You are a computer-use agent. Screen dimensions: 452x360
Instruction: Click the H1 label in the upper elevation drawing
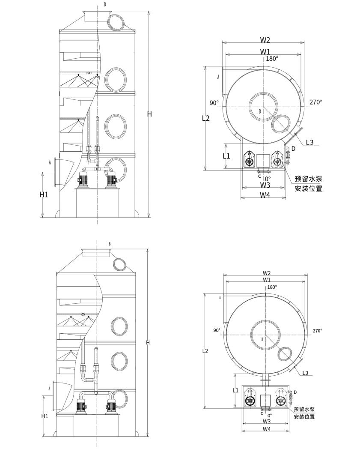click(44, 195)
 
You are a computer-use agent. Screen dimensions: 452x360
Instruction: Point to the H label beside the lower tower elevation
click(148, 342)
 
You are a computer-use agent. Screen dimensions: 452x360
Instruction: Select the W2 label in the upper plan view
click(265, 40)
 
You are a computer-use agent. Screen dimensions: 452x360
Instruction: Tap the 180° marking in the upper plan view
click(272, 59)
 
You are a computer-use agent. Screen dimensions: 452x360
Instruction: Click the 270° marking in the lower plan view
click(317, 331)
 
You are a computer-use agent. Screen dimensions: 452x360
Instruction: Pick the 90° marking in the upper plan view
click(214, 103)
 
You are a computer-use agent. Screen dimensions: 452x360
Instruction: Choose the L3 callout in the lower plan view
click(305, 373)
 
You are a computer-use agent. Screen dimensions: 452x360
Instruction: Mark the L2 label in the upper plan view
click(206, 118)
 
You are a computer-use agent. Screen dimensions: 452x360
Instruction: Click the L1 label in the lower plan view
click(235, 390)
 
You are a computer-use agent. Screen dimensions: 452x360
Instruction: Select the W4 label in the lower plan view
click(267, 429)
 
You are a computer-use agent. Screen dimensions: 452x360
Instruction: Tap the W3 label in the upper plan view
click(265, 185)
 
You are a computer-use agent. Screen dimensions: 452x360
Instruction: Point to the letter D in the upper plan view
click(293, 149)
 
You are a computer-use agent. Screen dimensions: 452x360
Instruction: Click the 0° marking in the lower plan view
click(269, 415)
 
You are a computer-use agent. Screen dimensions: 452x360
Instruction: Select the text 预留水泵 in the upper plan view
click(309, 179)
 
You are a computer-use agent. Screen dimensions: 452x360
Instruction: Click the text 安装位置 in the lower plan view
click(304, 416)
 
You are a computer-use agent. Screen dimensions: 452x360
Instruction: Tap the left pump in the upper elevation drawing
click(83, 180)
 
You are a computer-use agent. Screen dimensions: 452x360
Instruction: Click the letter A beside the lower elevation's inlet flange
click(50, 388)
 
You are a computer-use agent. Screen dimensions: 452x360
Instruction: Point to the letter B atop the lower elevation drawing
click(110, 244)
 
